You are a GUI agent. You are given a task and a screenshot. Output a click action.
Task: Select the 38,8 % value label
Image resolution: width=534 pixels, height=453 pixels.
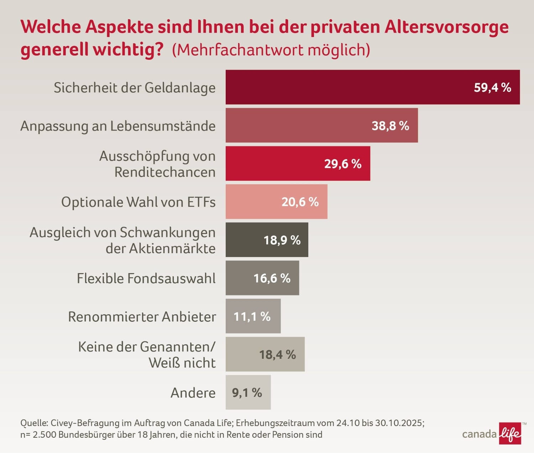click(390, 126)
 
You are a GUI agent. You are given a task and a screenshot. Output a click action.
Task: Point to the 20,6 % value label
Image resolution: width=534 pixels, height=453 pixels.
click(300, 202)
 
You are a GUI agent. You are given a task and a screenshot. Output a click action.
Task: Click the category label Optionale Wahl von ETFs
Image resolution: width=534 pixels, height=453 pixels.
click(138, 202)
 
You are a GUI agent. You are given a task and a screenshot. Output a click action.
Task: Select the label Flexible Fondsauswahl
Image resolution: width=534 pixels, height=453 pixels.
click(146, 278)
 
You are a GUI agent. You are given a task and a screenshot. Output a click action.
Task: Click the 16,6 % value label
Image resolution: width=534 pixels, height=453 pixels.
click(272, 278)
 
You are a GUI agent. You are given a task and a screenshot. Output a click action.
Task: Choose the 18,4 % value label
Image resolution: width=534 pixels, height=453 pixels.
click(277, 355)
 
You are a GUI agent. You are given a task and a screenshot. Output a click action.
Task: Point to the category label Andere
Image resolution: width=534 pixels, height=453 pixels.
click(193, 393)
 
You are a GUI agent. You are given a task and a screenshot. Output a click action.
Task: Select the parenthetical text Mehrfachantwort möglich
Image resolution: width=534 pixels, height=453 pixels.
click(271, 50)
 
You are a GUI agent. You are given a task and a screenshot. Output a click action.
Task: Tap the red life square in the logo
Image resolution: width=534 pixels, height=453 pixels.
click(510, 433)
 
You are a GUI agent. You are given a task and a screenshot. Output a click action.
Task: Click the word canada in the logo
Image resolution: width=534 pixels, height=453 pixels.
click(479, 434)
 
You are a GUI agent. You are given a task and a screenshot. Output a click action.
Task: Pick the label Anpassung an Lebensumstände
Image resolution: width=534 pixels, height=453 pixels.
click(118, 126)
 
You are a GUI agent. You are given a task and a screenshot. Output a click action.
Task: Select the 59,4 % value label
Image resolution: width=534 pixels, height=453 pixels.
click(492, 87)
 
